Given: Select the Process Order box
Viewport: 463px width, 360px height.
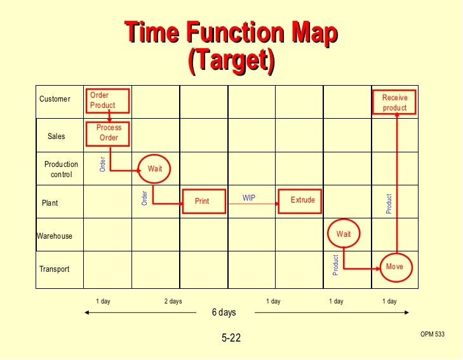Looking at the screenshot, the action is click(109, 133).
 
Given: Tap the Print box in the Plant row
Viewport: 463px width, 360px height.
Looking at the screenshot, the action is click(201, 201).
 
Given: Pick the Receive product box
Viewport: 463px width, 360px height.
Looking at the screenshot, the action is click(394, 103).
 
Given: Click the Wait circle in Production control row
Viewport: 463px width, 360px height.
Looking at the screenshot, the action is click(155, 169).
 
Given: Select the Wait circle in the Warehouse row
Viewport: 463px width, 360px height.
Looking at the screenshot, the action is click(344, 234).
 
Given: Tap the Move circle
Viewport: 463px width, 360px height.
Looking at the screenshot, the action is click(394, 267).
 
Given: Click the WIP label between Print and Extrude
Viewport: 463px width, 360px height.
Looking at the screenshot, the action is click(249, 198).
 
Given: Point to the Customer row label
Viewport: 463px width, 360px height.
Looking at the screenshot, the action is click(55, 99).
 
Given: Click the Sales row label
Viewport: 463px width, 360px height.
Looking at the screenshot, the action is click(57, 137).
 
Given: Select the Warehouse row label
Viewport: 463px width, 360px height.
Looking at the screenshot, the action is click(55, 236).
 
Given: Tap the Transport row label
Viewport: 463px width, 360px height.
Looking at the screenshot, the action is click(55, 269).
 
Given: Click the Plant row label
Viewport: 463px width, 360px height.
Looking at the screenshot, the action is click(50, 203).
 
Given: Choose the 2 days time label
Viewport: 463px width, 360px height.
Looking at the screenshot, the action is click(173, 302).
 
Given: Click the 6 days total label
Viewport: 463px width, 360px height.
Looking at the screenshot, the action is click(224, 312).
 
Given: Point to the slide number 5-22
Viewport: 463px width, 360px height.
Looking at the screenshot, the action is click(231, 338).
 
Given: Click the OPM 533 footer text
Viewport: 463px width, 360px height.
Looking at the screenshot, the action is click(432, 334).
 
